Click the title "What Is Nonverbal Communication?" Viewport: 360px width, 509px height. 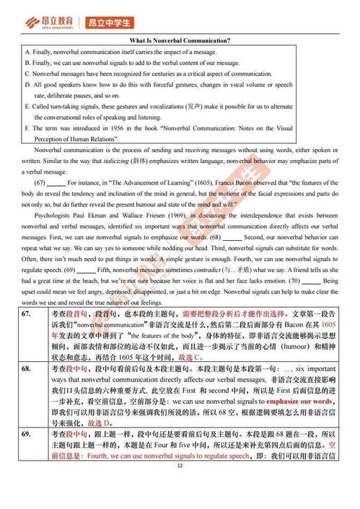[179, 41]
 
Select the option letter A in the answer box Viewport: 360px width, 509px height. [27, 53]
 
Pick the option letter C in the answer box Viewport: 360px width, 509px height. [27, 74]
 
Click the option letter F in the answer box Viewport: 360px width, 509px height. [27, 128]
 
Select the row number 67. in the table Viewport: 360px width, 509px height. [26, 315]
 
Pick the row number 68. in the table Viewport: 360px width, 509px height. [26, 367]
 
